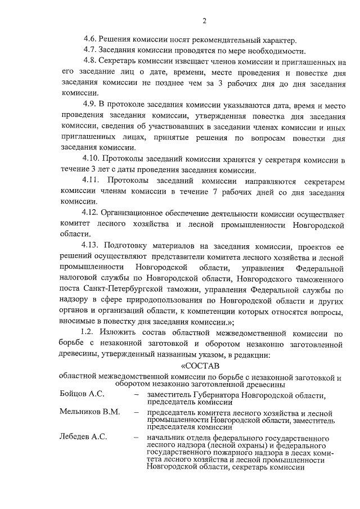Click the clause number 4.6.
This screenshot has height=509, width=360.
89,39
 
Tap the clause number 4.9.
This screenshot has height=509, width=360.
89,104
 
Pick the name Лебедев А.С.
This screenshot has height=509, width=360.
83,437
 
